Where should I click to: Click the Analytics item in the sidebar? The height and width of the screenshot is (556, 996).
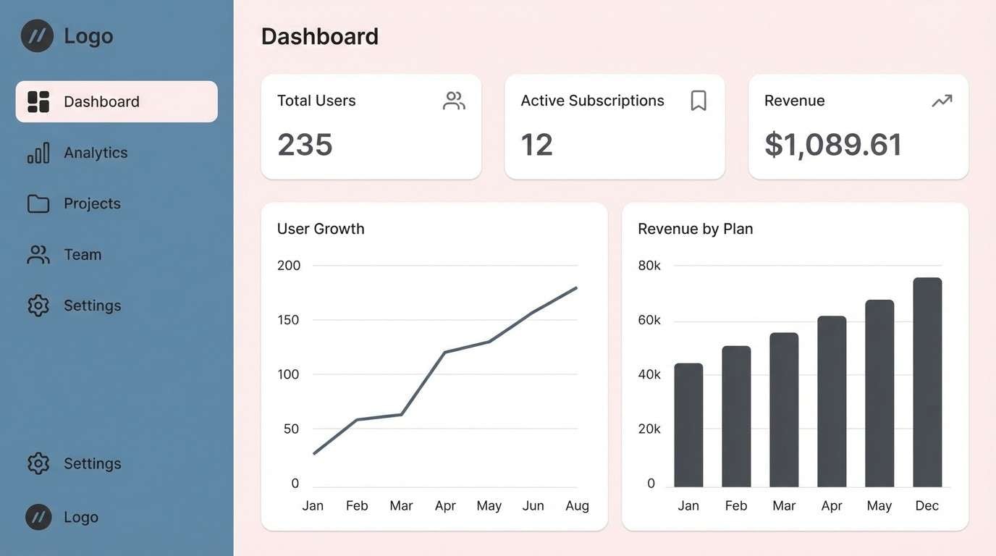click(95, 153)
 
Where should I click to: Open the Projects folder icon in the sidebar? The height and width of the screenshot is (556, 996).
click(38, 203)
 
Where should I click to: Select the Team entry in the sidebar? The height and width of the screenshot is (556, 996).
click(82, 255)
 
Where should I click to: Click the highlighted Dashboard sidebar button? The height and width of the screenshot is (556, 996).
click(117, 101)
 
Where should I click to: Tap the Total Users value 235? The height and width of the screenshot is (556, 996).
click(305, 144)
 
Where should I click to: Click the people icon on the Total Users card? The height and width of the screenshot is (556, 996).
click(454, 101)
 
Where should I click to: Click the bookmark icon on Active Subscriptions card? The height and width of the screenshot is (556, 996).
click(698, 101)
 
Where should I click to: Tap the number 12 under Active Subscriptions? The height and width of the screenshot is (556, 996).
click(536, 144)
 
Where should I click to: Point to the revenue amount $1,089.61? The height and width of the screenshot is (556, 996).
click(832, 144)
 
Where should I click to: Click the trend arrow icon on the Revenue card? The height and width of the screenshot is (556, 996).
click(942, 101)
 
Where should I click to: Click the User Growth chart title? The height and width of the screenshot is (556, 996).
click(321, 229)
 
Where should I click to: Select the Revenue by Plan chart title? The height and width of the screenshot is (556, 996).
click(695, 229)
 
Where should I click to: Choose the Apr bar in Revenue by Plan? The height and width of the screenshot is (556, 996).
click(832, 402)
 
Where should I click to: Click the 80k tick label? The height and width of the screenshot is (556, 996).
click(649, 266)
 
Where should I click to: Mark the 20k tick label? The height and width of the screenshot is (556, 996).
click(649, 429)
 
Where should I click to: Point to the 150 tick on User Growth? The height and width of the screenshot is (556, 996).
click(288, 320)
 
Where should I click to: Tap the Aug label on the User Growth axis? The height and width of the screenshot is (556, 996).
click(577, 505)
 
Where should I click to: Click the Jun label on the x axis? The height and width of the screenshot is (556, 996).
click(533, 505)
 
